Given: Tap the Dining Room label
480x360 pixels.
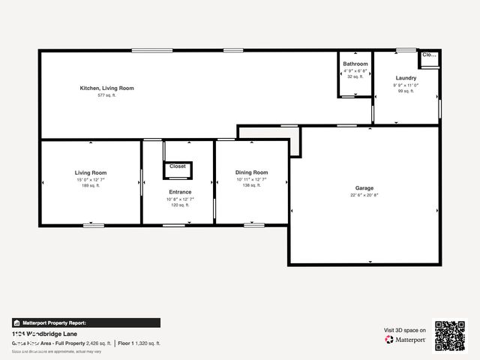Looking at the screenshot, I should pyautogui.click(x=251, y=172).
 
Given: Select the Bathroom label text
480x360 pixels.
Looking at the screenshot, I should pyautogui.click(x=355, y=64).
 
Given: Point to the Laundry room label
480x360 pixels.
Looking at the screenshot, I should pyautogui.click(x=406, y=78).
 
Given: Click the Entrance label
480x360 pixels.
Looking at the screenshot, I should pyautogui.click(x=179, y=192).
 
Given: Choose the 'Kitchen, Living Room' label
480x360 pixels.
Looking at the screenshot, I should pyautogui.click(x=106, y=88).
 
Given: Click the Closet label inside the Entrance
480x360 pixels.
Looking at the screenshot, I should pyautogui.click(x=178, y=166).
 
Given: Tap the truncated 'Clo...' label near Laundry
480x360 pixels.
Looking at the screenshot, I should pyautogui.click(x=428, y=55).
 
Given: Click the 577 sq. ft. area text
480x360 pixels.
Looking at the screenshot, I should pyautogui.click(x=106, y=96).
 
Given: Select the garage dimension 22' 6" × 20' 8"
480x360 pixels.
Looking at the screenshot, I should pyautogui.click(x=364, y=196).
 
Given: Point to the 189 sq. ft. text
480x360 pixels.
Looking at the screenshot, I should pyautogui.click(x=90, y=185).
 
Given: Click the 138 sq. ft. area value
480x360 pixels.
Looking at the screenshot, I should pyautogui.click(x=251, y=185).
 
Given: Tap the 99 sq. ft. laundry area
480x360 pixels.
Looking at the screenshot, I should pyautogui.click(x=406, y=91).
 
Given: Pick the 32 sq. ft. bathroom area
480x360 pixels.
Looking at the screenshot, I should pyautogui.click(x=355, y=76).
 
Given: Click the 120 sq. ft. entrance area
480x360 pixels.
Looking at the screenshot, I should pyautogui.click(x=179, y=205).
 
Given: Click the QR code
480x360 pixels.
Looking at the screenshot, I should pyautogui.click(x=450, y=336).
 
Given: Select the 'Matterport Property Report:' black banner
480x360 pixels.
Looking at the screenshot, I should pyautogui.click(x=85, y=323).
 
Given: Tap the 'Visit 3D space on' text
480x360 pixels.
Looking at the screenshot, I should pyautogui.click(x=405, y=330).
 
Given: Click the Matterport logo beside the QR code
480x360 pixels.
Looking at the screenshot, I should pyautogui.click(x=406, y=340).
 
